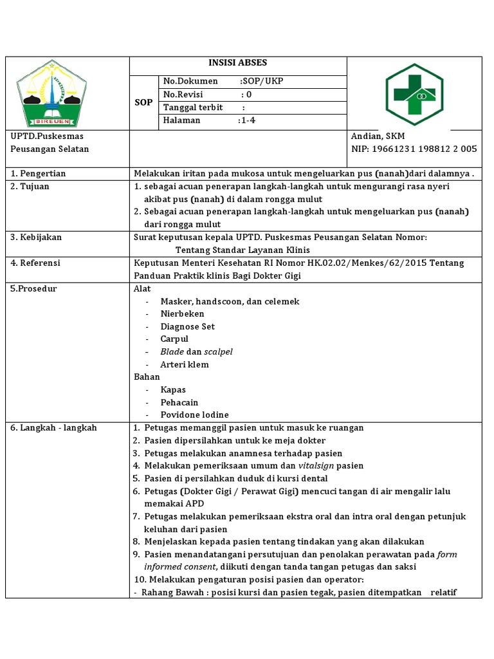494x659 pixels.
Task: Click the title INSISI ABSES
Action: point(238,63)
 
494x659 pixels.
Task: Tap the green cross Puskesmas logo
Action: point(414,94)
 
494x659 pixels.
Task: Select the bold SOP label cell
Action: point(143,102)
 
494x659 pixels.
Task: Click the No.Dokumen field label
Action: point(187,82)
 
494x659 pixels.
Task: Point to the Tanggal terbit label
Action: point(193,107)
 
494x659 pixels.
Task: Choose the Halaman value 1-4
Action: point(247,120)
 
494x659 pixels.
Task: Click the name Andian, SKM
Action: point(378,136)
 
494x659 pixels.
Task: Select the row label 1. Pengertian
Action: point(39,174)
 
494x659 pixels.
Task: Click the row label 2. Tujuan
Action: point(30,187)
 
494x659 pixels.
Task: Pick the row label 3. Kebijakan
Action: point(37,237)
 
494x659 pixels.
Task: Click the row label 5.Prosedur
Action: point(34,289)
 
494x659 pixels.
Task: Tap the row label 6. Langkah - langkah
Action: point(54,428)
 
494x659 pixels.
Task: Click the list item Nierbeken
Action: point(183,314)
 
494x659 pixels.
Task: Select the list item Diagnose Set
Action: point(188,327)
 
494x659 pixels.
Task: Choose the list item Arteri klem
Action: point(185,365)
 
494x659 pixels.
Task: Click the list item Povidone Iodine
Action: point(194,415)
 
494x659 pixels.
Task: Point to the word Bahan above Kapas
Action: point(147,377)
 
